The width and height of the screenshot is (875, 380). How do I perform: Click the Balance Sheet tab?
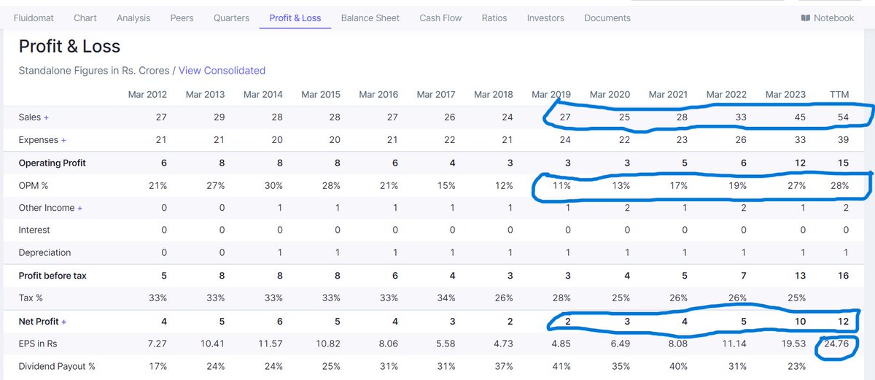click(370, 18)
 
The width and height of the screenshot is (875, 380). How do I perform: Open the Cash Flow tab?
click(440, 18)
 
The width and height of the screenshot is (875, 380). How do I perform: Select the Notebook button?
click(827, 18)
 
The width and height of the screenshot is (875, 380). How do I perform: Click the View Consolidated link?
click(222, 71)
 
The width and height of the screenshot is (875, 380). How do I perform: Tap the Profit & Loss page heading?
click(69, 47)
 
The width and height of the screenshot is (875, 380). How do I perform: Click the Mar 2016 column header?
click(378, 94)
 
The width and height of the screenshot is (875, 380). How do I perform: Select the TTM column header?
click(839, 94)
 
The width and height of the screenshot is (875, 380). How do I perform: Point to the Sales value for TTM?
click(842, 117)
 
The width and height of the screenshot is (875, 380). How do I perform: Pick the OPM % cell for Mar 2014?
click(273, 185)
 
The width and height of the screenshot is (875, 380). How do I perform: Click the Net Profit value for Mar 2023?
click(800, 322)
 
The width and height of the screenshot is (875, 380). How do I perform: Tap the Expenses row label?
click(39, 140)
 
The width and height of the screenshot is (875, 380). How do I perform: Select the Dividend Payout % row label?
click(56, 367)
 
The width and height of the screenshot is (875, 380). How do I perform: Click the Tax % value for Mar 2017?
click(446, 298)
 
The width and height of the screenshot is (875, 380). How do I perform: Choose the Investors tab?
click(545, 18)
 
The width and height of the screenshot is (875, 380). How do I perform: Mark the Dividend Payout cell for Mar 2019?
click(561, 367)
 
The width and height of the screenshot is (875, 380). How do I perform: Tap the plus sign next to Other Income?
click(80, 208)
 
